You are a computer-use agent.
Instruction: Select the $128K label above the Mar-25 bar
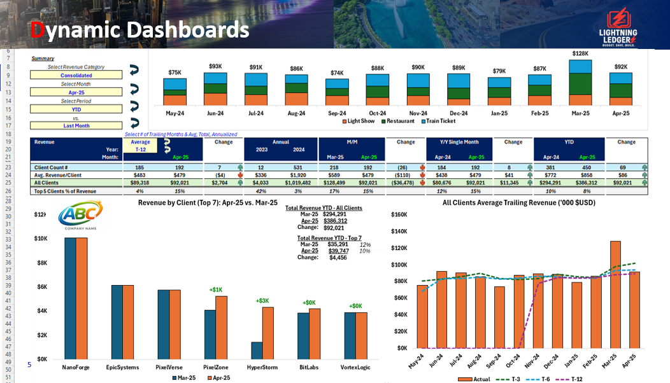click(580, 54)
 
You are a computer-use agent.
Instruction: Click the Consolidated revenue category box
click(76, 75)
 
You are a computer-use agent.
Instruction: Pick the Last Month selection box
click(76, 125)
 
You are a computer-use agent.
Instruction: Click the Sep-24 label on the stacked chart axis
click(337, 113)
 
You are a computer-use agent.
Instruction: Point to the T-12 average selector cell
click(140, 149)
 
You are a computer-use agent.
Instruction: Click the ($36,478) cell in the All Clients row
click(404, 183)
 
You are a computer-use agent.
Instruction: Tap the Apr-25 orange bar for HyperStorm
click(268, 333)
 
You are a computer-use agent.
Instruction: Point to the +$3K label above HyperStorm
click(262, 300)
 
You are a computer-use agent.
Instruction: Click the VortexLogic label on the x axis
click(355, 367)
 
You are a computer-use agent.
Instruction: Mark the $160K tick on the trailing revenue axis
click(399, 215)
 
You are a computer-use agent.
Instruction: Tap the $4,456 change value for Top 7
click(338, 258)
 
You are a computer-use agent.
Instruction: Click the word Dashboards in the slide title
click(187, 29)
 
